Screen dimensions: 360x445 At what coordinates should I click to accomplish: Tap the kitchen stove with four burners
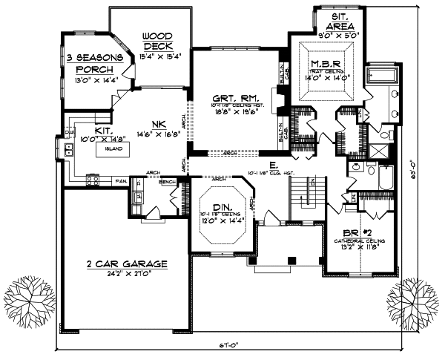[x=94, y=178]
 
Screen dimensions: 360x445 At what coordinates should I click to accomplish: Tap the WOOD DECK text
[x=157, y=41]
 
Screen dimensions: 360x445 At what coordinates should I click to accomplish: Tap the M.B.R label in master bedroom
[x=326, y=63]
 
